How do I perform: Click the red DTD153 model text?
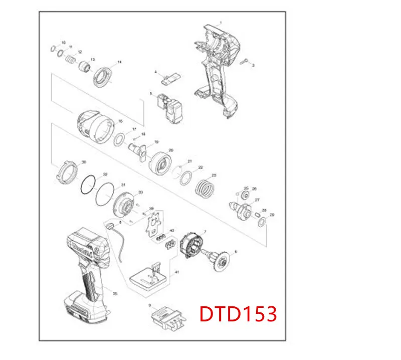tap(238, 314)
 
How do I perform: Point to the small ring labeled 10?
tap(53, 48)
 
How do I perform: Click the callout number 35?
tap(115, 293)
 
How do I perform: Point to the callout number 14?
tap(119, 63)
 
